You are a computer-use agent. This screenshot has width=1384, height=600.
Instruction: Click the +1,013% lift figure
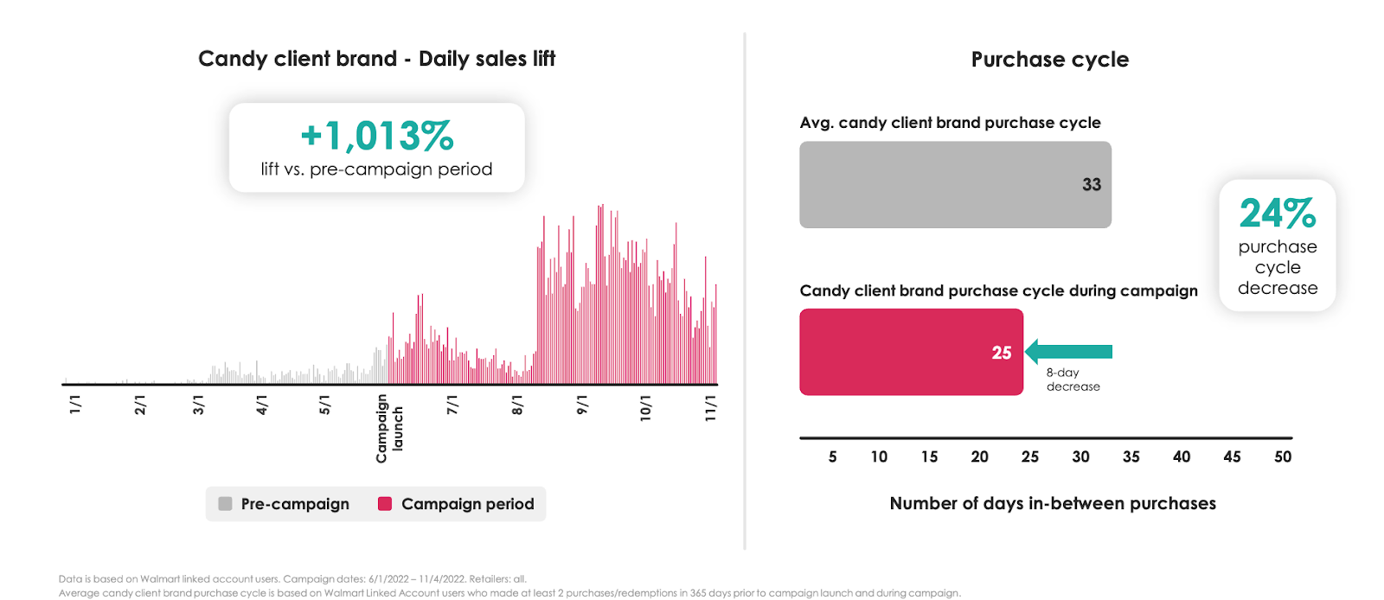pyautogui.click(x=376, y=136)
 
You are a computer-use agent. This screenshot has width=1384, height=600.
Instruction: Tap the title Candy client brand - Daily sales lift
pyautogui.click(x=376, y=59)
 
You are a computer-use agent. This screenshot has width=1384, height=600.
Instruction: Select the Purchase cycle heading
pyautogui.click(x=1049, y=60)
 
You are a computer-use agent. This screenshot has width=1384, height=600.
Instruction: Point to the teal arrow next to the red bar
pyautogui.click(x=1069, y=352)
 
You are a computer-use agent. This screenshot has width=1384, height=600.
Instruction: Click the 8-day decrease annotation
pyautogui.click(x=1073, y=380)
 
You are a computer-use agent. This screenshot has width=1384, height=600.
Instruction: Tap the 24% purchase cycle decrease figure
pyautogui.click(x=1277, y=214)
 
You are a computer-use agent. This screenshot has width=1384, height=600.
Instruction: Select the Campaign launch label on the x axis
pyautogui.click(x=389, y=428)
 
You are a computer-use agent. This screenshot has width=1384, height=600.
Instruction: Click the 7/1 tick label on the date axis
pyautogui.click(x=452, y=405)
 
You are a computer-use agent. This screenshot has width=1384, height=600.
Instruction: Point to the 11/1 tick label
pyautogui.click(x=710, y=408)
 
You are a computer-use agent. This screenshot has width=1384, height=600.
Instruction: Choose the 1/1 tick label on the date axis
pyautogui.click(x=75, y=405)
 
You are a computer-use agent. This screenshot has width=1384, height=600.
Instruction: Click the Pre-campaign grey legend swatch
pyautogui.click(x=225, y=504)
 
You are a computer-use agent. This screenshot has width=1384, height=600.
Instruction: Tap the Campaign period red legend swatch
pyautogui.click(x=385, y=504)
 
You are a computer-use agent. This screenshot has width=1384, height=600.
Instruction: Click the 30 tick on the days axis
pyautogui.click(x=1080, y=456)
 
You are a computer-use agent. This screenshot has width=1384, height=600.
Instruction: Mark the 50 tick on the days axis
pyautogui.click(x=1282, y=456)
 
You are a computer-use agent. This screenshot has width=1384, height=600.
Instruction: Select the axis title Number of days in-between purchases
pyautogui.click(x=1052, y=503)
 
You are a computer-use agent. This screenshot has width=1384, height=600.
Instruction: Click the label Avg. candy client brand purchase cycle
pyautogui.click(x=950, y=123)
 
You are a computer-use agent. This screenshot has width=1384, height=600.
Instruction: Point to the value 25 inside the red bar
pyautogui.click(x=1001, y=353)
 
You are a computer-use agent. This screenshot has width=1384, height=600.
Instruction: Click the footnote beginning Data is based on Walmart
pyautogui.click(x=292, y=579)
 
